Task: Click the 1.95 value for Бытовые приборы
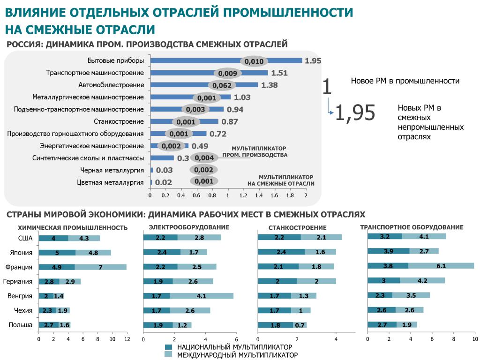313,61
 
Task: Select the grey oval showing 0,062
222,85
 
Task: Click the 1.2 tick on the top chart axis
243,195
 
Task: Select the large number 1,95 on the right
355,112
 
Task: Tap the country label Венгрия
20,296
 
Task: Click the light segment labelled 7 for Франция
100,267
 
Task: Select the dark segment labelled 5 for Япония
57,253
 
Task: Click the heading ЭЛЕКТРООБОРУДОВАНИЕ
189,227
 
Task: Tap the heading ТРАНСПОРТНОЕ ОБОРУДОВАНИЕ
412,227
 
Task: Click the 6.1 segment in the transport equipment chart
441,266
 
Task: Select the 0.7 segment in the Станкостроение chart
300,325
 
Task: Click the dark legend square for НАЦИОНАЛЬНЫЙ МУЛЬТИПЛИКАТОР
169,347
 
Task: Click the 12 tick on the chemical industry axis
127,339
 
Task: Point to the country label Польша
21,325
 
